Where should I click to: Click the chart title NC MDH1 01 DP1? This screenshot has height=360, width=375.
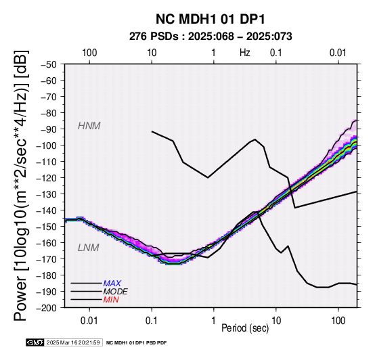point(211,19)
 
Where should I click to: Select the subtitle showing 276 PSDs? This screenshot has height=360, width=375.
point(211,37)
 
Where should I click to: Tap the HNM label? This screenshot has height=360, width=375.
point(89,126)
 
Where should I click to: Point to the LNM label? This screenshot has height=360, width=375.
point(88,248)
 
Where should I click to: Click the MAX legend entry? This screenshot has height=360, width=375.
point(112,284)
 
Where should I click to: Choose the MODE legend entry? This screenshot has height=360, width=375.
point(115,292)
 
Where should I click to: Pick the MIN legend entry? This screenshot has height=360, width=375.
point(111,300)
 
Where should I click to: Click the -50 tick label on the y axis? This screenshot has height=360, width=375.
point(49,64)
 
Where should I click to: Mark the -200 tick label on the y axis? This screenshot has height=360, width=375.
point(47,308)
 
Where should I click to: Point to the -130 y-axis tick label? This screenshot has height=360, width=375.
point(47,194)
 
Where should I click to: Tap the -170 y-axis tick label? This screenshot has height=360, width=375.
point(47,259)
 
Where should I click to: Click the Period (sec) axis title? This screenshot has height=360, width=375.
point(245,328)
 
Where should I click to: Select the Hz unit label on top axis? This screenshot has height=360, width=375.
point(244,53)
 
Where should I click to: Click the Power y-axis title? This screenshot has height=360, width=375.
point(21,185)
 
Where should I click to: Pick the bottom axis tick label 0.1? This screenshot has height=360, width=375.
point(152,321)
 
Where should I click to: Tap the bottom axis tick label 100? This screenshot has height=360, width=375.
point(338,321)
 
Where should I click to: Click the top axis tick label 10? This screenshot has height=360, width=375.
point(152,53)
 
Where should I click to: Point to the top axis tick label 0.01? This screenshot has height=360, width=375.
point(338,53)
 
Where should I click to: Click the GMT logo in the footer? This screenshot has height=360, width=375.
point(35,342)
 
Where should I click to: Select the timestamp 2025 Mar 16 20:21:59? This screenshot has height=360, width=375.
point(73,342)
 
